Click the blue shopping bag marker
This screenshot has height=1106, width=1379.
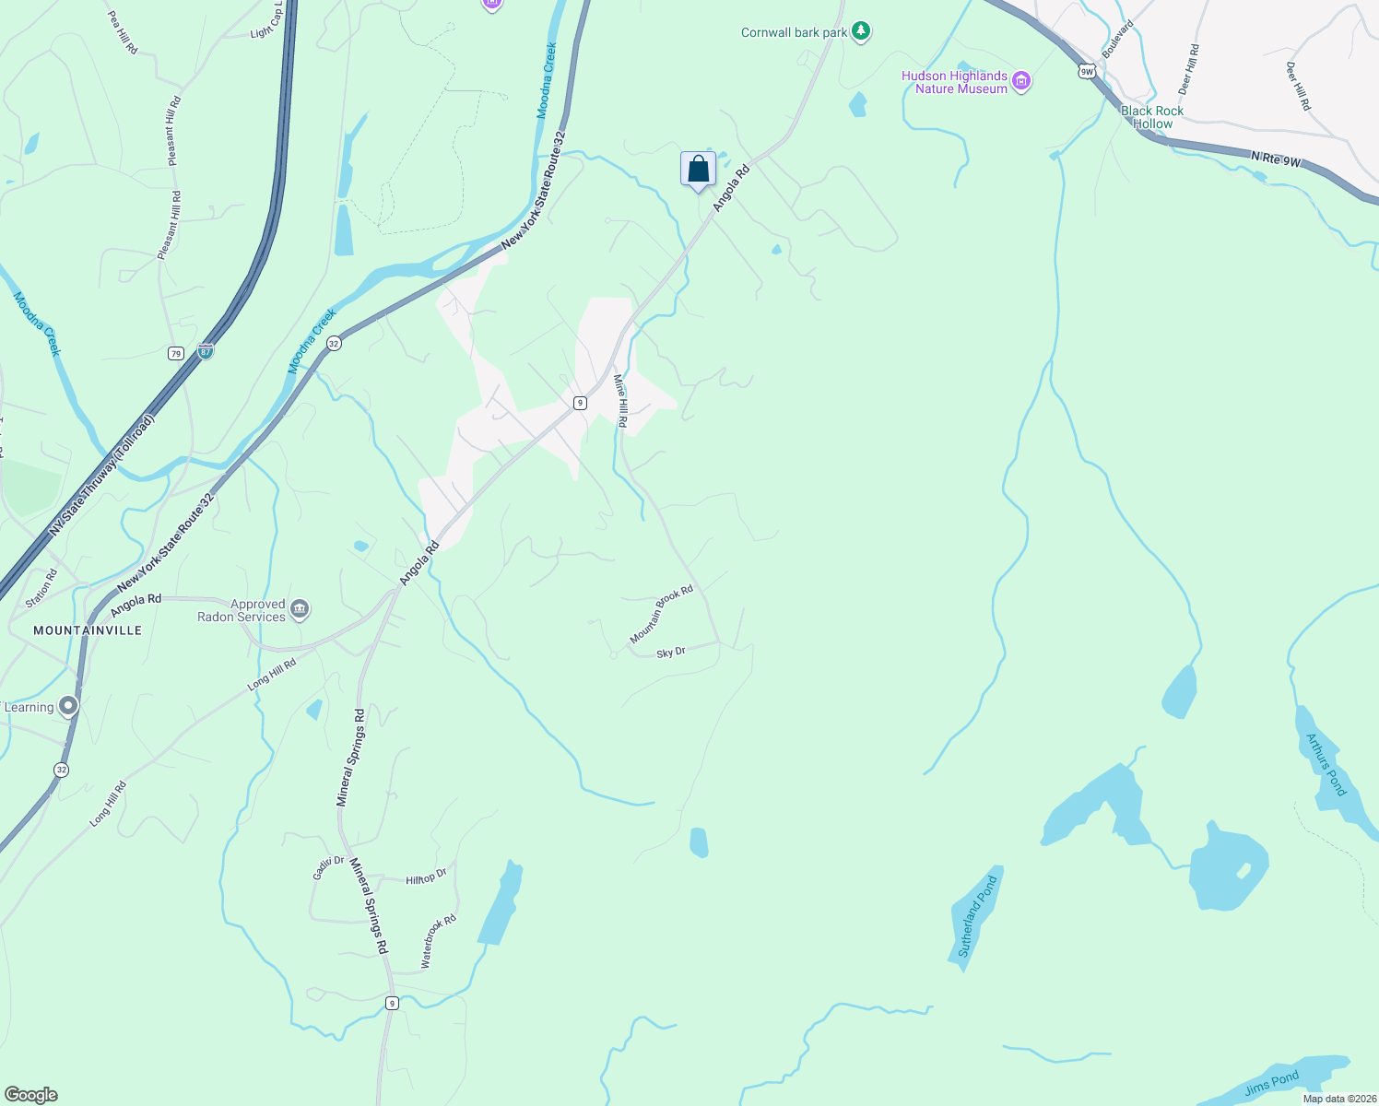(x=698, y=170)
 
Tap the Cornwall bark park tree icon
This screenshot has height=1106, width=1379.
(x=861, y=32)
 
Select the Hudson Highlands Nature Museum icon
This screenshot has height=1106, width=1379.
(x=1021, y=82)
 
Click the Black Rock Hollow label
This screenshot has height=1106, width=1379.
(x=1152, y=117)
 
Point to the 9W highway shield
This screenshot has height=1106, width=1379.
(x=1087, y=70)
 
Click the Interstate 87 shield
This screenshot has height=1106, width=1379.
(x=206, y=352)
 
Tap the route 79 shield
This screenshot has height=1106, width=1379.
(x=176, y=353)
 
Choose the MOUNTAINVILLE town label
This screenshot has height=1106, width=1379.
(x=88, y=630)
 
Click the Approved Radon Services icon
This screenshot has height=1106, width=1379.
(x=299, y=609)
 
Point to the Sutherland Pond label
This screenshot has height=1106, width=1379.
(x=977, y=916)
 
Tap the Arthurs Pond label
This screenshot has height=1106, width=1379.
(x=1326, y=764)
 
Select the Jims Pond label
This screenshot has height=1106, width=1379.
(x=1271, y=1083)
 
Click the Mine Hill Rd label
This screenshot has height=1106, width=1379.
(x=621, y=401)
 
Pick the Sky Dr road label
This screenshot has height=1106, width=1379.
(x=671, y=653)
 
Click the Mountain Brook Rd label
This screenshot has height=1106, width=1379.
(x=661, y=615)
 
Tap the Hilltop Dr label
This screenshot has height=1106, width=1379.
(x=426, y=877)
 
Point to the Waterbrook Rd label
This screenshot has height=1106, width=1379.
(x=438, y=941)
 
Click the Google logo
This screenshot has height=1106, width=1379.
(x=31, y=1094)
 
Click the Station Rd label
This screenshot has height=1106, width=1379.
(x=41, y=588)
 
